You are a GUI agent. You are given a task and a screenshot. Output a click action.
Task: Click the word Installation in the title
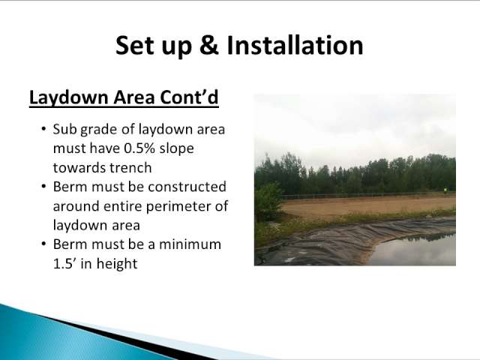[295, 45]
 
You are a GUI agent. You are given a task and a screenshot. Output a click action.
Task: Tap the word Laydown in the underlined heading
[69, 97]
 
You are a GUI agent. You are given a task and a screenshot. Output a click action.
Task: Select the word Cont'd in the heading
[189, 97]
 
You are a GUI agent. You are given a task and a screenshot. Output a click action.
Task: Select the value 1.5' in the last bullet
[64, 263]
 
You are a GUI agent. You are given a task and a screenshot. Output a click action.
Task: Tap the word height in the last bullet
[117, 264]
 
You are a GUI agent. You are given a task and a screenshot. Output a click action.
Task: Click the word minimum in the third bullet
[190, 244]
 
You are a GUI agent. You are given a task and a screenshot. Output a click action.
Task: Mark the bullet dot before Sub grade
[43, 129]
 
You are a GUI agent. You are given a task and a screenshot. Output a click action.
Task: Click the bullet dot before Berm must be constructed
[43, 187]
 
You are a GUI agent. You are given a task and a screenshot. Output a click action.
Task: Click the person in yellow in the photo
[445, 191]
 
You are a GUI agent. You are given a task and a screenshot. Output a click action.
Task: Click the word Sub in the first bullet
[64, 129]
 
